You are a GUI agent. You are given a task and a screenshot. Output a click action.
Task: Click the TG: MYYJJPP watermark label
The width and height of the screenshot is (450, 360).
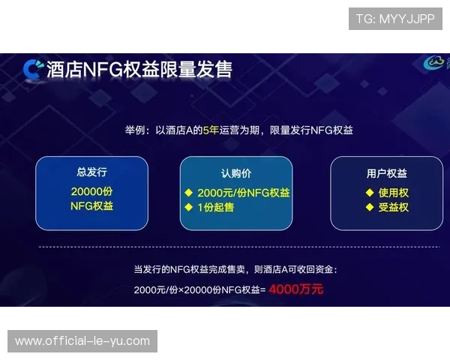395,18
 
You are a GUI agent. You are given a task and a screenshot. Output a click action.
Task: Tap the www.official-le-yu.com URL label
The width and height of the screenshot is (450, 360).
82,341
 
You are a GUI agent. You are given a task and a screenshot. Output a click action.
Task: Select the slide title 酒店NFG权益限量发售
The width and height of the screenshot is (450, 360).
139,69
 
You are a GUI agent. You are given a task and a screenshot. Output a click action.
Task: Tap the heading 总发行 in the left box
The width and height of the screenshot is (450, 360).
91,172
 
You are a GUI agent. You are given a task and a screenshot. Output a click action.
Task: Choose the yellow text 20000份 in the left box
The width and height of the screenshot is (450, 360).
91,190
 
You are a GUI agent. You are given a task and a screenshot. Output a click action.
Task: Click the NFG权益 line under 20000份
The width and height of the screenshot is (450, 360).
91,205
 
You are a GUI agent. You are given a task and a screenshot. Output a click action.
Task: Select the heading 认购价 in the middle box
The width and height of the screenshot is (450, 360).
235,173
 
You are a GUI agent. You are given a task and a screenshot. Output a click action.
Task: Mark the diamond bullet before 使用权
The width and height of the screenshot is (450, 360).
369,192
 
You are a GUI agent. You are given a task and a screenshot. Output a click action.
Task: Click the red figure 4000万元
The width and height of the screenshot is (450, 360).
296,289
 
